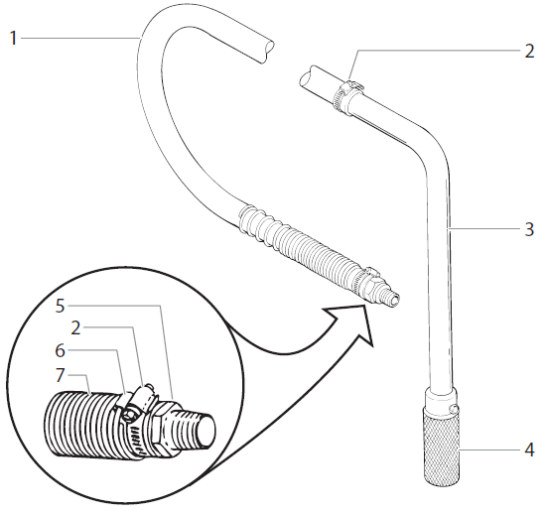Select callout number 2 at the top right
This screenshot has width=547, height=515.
529,51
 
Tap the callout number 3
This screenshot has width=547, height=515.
529,229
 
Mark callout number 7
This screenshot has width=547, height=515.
62,376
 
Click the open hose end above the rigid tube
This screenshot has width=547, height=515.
307,76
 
